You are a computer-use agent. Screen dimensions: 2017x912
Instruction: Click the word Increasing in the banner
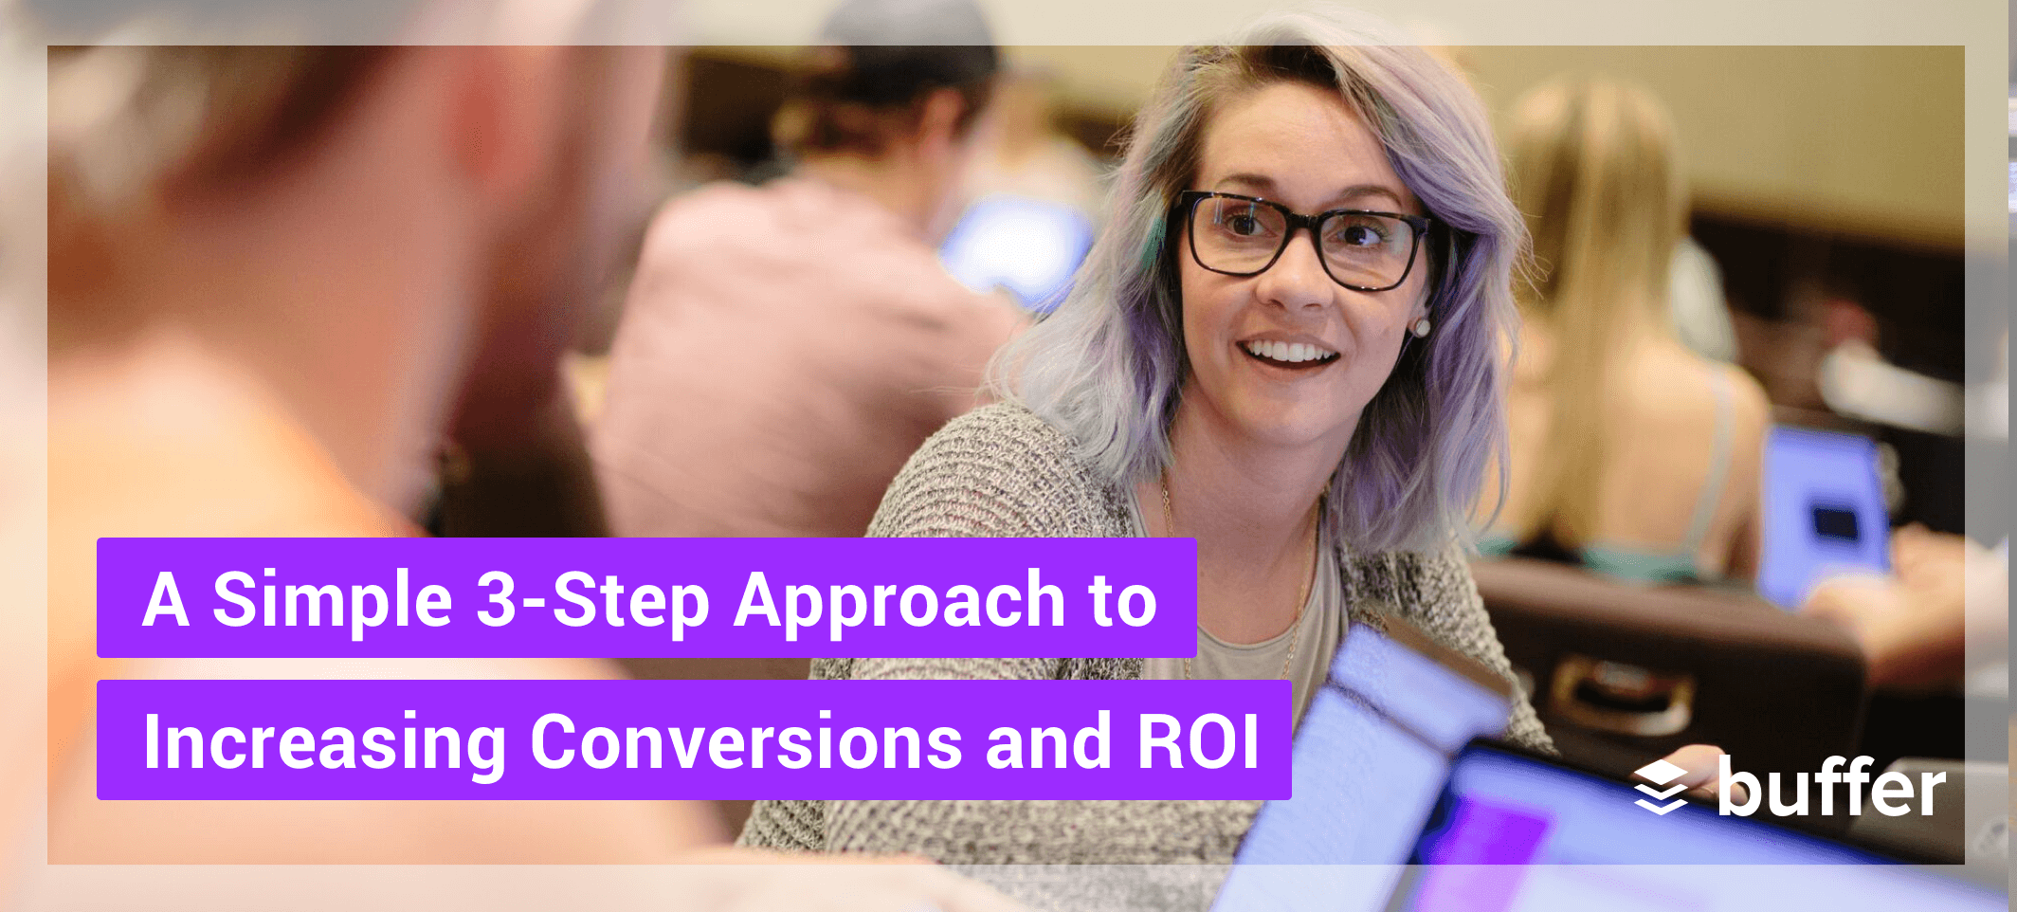(324, 742)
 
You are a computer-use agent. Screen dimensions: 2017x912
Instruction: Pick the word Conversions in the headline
(746, 740)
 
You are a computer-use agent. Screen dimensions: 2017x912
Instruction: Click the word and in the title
(1048, 740)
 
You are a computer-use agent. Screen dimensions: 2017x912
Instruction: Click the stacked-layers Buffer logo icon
(1661, 786)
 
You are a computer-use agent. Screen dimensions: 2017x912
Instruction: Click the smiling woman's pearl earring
(1421, 327)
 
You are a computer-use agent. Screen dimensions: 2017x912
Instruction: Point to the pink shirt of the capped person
(796, 360)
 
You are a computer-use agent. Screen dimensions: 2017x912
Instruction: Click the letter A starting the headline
(166, 599)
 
